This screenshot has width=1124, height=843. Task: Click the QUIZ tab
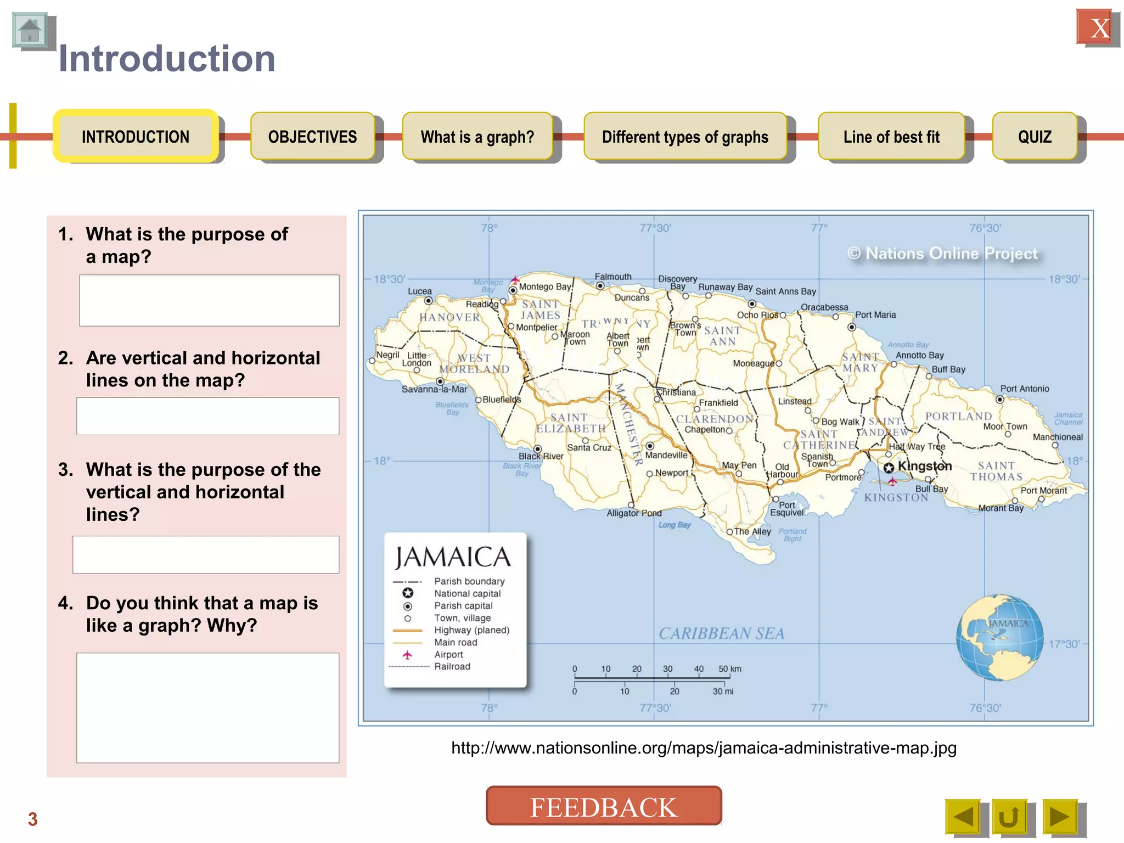coord(1035,137)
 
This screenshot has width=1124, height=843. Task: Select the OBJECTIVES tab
coord(312,137)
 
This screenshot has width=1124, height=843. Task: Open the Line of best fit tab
coord(891,137)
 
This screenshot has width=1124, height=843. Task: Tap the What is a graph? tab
coord(477,137)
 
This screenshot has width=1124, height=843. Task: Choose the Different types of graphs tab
coord(685,137)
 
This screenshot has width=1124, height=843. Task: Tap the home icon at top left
coord(30,31)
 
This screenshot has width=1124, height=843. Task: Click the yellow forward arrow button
coord(1060,817)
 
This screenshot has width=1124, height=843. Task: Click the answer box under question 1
coord(209,300)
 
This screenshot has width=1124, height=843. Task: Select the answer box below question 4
coord(207,707)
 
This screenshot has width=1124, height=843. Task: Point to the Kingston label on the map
coord(925,466)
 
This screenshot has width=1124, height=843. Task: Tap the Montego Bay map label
coord(544,286)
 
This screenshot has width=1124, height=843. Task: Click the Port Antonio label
coord(1024,389)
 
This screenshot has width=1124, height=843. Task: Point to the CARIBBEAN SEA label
coord(721,633)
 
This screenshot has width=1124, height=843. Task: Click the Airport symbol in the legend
coord(407,655)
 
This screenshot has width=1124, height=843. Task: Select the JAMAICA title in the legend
coord(453,557)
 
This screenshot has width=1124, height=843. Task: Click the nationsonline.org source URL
coord(704,748)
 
